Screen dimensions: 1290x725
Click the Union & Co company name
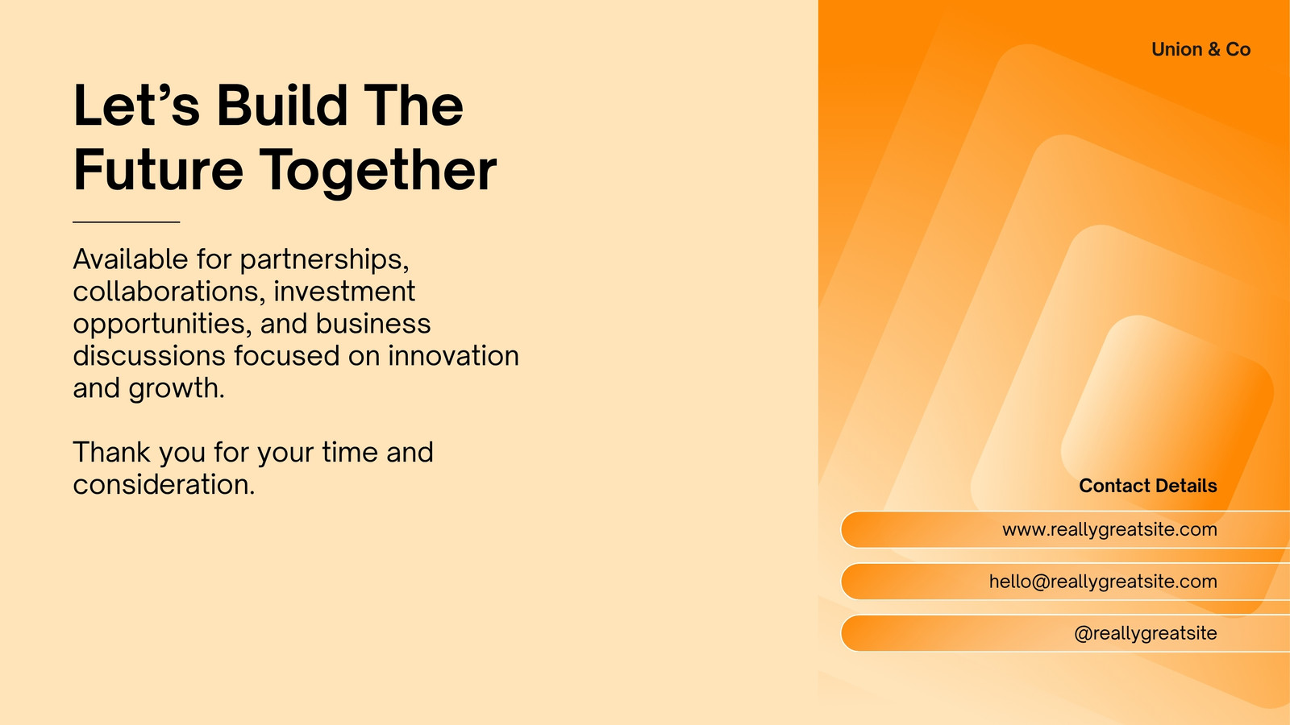(1201, 49)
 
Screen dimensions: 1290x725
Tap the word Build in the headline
(282, 106)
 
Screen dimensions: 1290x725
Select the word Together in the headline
(378, 171)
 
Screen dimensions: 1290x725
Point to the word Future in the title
(158, 169)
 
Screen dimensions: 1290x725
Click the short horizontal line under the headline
(126, 222)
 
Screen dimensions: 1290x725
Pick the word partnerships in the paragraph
(324, 260)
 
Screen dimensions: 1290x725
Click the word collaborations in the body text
(169, 291)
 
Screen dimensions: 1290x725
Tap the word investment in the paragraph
(343, 291)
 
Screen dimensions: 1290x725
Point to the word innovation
(453, 355)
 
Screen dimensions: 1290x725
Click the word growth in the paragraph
(177, 388)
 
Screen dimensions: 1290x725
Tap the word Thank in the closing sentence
(112, 452)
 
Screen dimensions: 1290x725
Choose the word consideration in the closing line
(164, 484)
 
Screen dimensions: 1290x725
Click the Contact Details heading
(1148, 486)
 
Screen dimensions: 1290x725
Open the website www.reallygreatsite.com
(1109, 529)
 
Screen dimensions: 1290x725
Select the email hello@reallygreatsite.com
(1103, 581)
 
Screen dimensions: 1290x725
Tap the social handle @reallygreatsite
(1146, 633)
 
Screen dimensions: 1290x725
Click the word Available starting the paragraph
(131, 259)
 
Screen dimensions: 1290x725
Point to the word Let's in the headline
(136, 106)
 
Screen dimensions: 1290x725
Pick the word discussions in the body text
(148, 355)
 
